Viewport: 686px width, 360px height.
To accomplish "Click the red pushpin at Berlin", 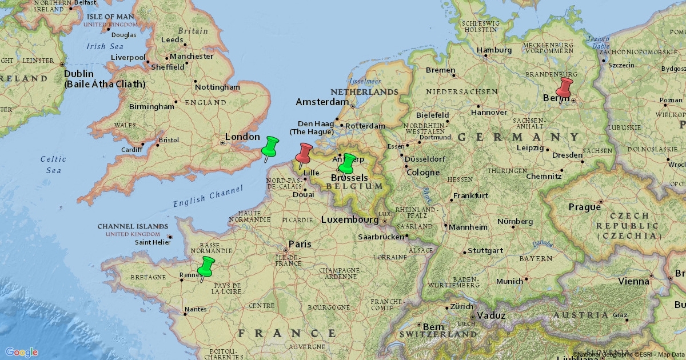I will coord(565,88).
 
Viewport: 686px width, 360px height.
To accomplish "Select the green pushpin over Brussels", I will coord(347,163).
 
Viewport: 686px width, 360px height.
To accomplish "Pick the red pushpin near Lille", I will coord(304,153).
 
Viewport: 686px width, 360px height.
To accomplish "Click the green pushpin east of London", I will coord(270,147).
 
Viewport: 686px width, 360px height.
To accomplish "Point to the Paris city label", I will coord(300,244).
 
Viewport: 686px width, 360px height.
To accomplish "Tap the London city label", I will coord(242,137).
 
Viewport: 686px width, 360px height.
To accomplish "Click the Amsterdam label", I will coord(322,102).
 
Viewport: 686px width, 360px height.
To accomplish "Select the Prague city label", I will coord(584,207).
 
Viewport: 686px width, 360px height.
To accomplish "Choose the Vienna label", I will coord(633,281).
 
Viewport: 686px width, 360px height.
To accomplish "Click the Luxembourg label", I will coord(350,219).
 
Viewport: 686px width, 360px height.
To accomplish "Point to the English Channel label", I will coord(208,196).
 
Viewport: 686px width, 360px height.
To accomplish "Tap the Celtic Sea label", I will coord(53,165).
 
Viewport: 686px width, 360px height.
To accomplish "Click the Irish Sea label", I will coord(105,46).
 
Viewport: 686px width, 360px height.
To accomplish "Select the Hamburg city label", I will coord(494,50).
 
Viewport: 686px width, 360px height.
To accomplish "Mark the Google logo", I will coord(22,352).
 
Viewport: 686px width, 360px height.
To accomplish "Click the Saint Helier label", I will coord(153,242).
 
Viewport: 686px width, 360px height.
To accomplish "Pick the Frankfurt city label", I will coord(471,195).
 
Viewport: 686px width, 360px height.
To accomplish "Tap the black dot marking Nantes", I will coord(185,313).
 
